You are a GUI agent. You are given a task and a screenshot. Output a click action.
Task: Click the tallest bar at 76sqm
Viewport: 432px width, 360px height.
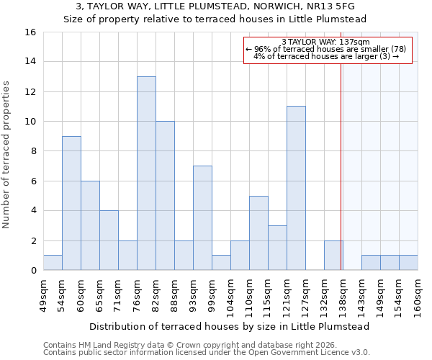click(146, 174)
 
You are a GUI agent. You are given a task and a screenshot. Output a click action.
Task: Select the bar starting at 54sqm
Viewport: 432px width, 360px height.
click(71, 203)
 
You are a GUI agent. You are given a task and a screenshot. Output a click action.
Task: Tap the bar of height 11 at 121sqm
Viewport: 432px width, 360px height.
click(296, 188)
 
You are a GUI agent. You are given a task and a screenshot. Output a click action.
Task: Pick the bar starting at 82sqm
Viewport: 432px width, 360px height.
click(165, 196)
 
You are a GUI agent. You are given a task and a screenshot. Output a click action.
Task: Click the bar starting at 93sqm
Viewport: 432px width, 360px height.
click(202, 218)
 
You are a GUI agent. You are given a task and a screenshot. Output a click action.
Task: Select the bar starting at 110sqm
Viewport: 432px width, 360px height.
click(258, 233)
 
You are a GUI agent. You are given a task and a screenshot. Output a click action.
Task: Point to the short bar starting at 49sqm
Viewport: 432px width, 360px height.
click(53, 263)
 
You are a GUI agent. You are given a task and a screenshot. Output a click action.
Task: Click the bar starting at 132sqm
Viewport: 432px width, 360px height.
click(333, 256)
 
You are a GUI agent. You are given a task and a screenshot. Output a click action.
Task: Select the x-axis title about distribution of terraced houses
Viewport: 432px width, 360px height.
click(230, 326)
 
